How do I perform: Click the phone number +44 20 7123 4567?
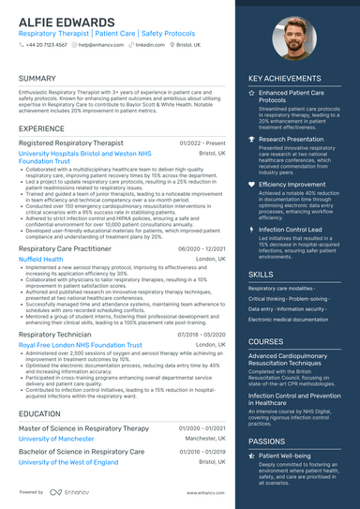pyautogui.click(x=46, y=44)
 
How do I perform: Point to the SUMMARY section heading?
pyautogui.click(x=37, y=79)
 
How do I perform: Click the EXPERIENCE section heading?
pyautogui.click(x=42, y=128)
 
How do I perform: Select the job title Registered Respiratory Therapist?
pyautogui.click(x=70, y=142)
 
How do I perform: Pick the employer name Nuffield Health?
pyautogui.click(x=40, y=259)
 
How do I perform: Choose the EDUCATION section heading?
pyautogui.click(x=39, y=413)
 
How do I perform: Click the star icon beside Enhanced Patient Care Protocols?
pyautogui.click(x=251, y=95)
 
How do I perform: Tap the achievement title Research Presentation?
pyautogui.click(x=292, y=139)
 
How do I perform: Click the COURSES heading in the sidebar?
pyautogui.click(x=265, y=342)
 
